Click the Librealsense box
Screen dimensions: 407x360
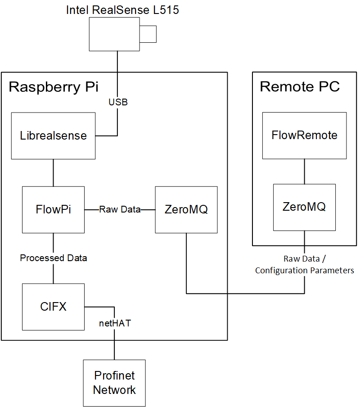tap(53, 136)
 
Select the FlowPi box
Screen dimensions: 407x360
tap(53, 209)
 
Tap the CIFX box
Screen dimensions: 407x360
tap(53, 307)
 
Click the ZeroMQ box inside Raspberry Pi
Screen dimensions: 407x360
tap(186, 209)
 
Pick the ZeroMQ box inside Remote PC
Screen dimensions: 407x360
tap(304, 207)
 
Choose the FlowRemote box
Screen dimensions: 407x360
tap(304, 135)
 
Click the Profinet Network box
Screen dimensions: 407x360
tap(114, 383)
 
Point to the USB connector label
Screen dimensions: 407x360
tap(118, 102)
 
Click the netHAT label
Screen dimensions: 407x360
tap(115, 323)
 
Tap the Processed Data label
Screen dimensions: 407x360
tap(53, 258)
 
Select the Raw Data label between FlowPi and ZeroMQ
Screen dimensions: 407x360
tap(120, 209)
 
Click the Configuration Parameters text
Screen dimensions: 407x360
tap(305, 271)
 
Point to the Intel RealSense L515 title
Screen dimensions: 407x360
tap(122, 10)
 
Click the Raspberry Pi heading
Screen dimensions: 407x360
tap(54, 87)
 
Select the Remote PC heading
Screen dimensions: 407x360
tap(300, 86)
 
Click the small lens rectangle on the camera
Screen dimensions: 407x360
tap(148, 34)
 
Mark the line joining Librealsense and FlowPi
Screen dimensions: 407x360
tap(53, 172)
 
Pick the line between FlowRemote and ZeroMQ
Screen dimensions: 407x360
tap(304, 171)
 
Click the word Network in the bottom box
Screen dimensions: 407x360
tap(114, 390)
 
